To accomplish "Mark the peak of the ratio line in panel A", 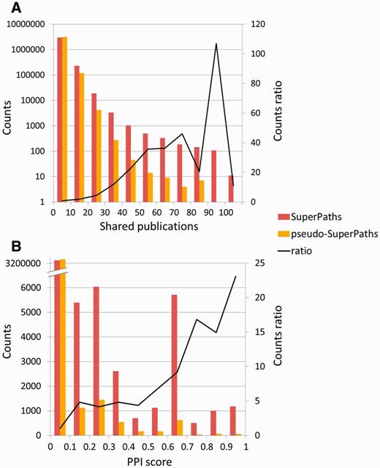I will tap(216, 44).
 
